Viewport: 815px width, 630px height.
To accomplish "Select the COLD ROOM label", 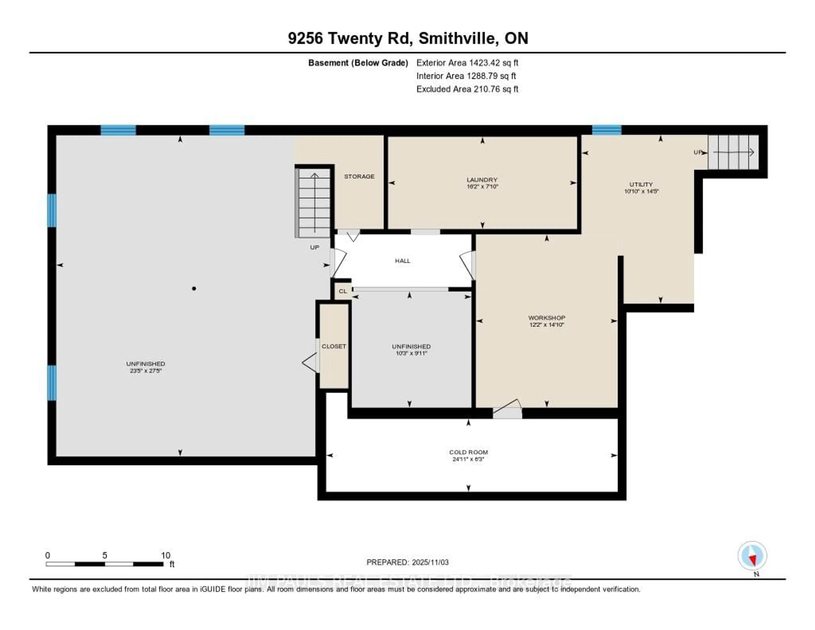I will pos(468,452).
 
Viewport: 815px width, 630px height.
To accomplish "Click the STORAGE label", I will pos(359,176).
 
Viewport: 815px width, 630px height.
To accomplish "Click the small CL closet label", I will pos(343,291).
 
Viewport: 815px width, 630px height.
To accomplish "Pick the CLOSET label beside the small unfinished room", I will pos(334,346).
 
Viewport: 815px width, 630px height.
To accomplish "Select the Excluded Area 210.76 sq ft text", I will pos(467,89).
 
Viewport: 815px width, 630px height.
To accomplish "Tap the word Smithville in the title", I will pos(458,38).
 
